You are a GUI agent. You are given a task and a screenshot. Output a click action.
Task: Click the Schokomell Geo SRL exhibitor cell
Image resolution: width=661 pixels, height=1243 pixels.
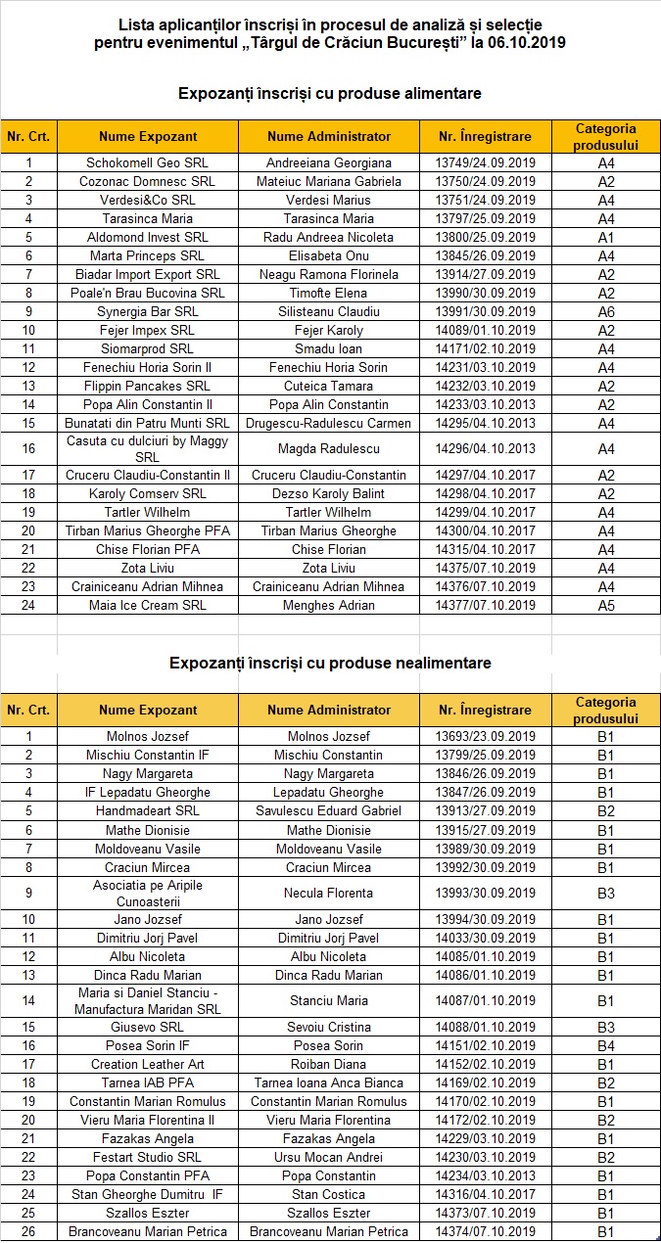(147, 163)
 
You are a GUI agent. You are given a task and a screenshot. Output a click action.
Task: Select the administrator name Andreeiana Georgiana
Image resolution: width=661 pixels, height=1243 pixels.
(329, 163)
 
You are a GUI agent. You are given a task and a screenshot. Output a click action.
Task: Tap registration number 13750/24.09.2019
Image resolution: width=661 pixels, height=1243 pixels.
(485, 182)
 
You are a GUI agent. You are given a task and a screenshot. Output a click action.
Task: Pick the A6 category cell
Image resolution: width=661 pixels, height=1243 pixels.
(606, 312)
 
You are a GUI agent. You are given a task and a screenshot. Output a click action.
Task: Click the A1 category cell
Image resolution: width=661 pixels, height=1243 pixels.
(606, 238)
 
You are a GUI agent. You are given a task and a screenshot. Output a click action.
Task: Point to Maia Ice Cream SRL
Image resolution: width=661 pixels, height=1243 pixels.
(147, 605)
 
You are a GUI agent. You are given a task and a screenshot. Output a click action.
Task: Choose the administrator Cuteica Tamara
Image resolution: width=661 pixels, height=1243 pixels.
(329, 387)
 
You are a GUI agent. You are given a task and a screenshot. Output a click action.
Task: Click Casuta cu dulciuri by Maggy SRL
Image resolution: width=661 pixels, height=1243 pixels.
(147, 449)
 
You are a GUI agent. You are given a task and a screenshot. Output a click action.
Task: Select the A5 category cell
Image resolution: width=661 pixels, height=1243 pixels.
(606, 605)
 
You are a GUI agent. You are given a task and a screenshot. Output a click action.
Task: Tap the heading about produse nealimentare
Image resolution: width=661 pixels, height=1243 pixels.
(330, 663)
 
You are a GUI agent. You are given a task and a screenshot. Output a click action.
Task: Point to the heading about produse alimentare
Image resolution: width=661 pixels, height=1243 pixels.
(330, 93)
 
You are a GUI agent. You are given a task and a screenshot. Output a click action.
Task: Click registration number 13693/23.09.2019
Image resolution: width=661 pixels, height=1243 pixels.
(485, 737)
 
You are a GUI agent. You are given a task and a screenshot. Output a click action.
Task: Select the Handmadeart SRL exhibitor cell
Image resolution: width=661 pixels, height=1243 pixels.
(147, 811)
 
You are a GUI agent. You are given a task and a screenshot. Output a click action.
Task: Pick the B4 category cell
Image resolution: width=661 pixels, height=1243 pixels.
(606, 1046)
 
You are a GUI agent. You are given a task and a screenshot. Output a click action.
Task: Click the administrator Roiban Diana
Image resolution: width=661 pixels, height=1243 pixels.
(329, 1065)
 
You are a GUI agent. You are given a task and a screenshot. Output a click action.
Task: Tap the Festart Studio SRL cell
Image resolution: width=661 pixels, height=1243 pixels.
(147, 1158)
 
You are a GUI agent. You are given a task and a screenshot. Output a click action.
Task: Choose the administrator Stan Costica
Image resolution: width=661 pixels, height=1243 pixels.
(329, 1195)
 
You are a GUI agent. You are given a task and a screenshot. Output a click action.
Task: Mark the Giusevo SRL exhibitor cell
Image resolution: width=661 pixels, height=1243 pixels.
(147, 1028)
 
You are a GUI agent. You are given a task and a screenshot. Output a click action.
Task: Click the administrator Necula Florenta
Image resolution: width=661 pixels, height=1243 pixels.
(329, 894)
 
